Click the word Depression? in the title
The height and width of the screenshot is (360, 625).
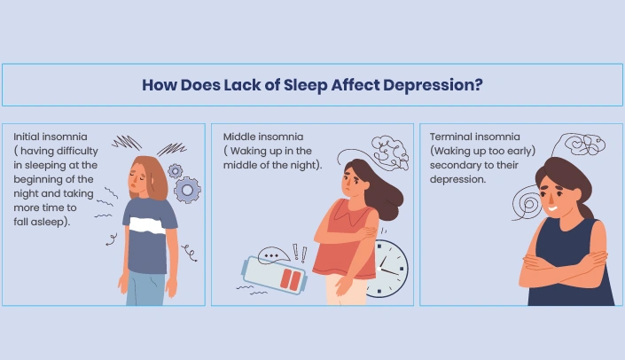click(x=433, y=85)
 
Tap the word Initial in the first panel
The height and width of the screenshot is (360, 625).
click(x=27, y=137)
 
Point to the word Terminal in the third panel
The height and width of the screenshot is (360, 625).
click(x=450, y=137)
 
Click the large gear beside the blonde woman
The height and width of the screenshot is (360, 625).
click(x=187, y=190)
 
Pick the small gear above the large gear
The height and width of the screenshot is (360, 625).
click(x=175, y=171)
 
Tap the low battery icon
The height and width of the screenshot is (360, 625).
click(x=274, y=276)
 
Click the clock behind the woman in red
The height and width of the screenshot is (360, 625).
click(x=388, y=269)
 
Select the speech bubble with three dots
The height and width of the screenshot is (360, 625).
click(x=273, y=255)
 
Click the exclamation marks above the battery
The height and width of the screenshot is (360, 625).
click(x=300, y=254)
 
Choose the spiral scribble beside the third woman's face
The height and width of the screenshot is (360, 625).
click(x=527, y=203)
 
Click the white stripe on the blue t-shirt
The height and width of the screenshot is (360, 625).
click(x=147, y=225)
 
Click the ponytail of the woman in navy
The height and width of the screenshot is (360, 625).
click(x=587, y=209)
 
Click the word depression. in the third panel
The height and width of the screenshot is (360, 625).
click(x=457, y=179)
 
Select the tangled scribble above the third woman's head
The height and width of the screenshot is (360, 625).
click(x=584, y=144)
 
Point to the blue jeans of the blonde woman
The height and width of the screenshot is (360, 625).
click(x=145, y=288)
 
